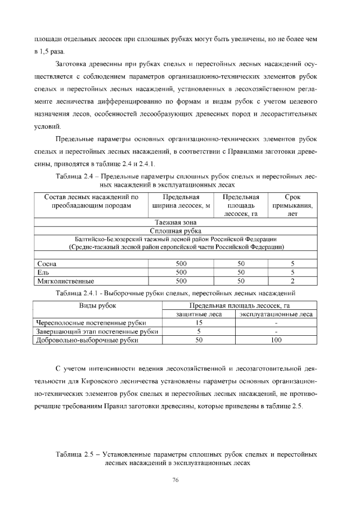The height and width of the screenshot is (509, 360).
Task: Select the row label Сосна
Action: point(46,263)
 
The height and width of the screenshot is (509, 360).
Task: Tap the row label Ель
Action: point(43,272)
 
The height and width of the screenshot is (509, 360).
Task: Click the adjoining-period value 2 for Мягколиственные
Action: point(292,280)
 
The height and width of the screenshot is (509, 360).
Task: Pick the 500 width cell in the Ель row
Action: point(181,272)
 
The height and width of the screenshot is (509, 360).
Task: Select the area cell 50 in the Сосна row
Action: point(241,263)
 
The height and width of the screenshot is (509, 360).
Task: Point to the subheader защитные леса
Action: point(199,314)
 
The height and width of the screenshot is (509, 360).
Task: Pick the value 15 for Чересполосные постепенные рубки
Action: point(199,323)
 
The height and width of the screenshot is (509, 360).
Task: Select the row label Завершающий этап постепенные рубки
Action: point(96,331)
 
